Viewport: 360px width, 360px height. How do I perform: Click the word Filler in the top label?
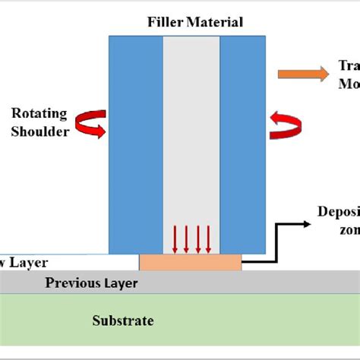(165, 22)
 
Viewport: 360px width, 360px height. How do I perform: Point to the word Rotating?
(39, 114)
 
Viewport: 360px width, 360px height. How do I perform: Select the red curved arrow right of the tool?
(286, 125)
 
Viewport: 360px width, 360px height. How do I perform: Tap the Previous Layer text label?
(92, 283)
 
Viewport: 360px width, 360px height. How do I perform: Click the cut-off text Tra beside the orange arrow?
(349, 66)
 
